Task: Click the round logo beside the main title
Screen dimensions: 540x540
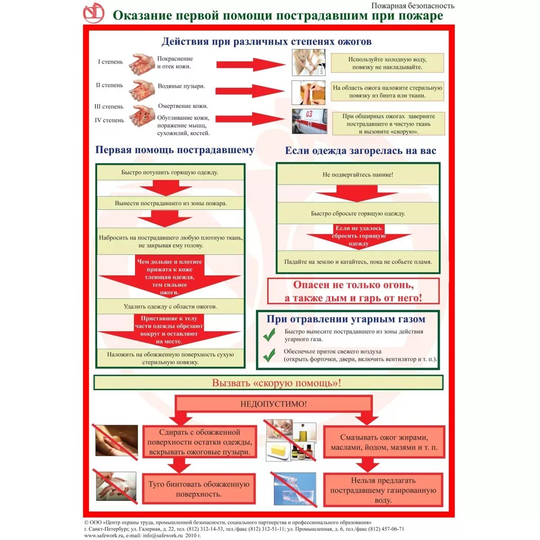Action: (x=94, y=13)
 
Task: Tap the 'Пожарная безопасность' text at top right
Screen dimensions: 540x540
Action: (x=413, y=6)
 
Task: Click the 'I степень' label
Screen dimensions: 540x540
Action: (x=110, y=62)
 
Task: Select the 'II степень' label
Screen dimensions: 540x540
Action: (x=109, y=85)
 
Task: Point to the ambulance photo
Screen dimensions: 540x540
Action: (x=309, y=121)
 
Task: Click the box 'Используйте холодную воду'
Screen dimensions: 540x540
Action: (x=387, y=63)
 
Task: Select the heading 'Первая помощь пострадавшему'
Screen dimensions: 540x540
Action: (x=175, y=150)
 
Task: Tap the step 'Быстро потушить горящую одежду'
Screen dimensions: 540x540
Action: (x=170, y=173)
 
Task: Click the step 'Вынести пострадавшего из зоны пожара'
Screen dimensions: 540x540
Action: (x=171, y=203)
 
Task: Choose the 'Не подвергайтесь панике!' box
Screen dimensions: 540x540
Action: (x=358, y=175)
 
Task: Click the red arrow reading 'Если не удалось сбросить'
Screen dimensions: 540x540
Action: (x=358, y=236)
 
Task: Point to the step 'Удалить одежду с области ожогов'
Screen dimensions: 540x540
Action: (x=171, y=306)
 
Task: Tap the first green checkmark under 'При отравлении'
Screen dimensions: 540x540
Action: (x=269, y=335)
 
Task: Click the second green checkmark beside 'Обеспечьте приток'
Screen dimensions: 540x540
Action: (x=269, y=355)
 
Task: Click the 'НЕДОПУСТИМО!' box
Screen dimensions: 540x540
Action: (x=274, y=404)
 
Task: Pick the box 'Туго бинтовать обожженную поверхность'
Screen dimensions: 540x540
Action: (x=199, y=489)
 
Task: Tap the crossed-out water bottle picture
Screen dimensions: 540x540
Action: (x=295, y=490)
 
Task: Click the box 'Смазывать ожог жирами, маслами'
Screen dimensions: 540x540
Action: (x=384, y=442)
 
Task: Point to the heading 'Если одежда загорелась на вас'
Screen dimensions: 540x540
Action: (x=360, y=151)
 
